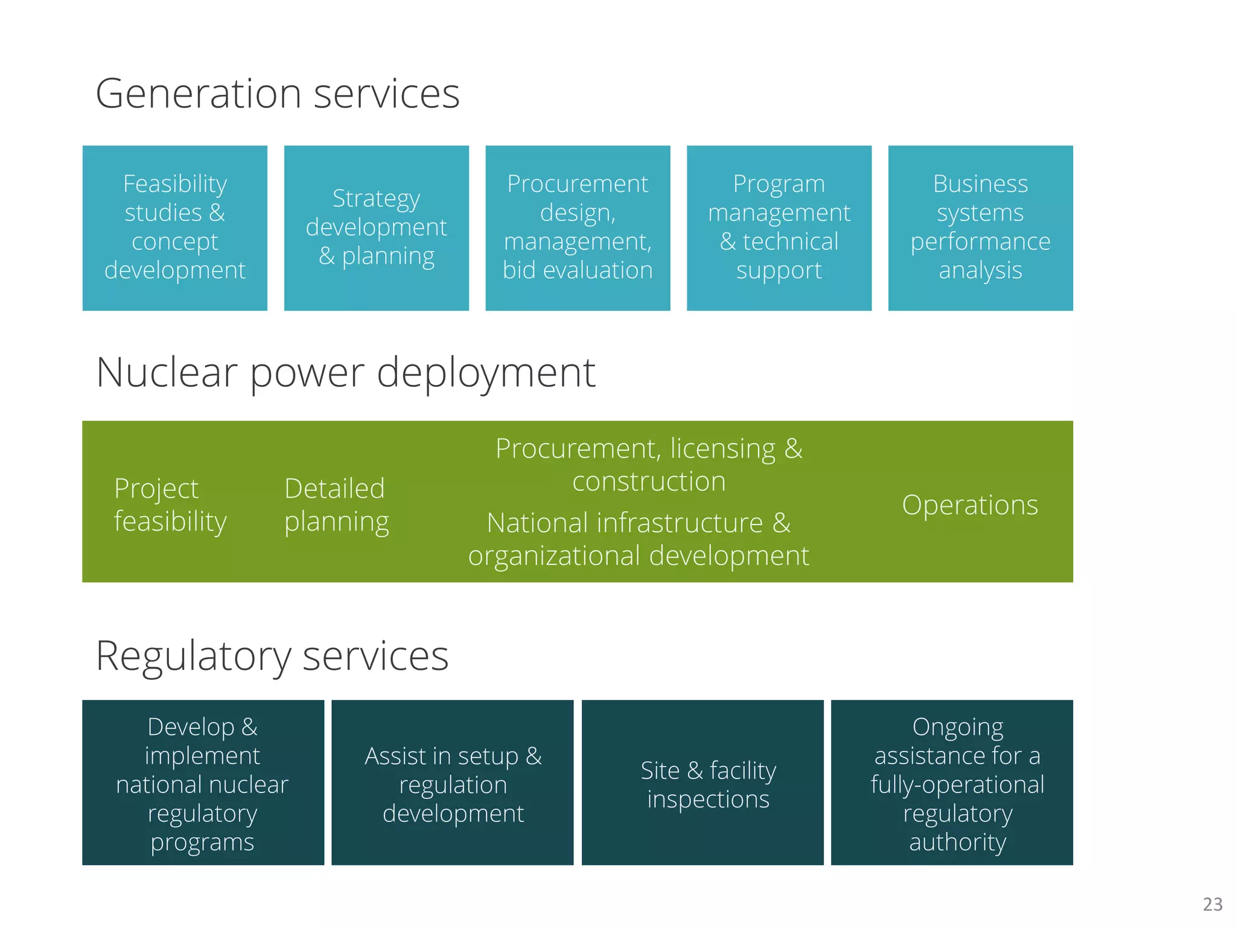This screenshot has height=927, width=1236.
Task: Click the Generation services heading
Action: click(278, 94)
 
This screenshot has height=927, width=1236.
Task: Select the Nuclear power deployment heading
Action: click(345, 372)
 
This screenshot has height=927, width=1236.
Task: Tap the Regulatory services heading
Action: click(272, 655)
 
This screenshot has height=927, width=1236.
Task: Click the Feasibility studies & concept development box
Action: click(175, 228)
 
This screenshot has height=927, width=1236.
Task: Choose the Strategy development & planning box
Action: click(376, 228)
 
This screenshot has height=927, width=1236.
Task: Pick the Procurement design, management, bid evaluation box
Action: click(578, 228)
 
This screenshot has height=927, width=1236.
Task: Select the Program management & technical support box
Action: click(779, 228)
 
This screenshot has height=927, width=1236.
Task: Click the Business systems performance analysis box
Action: click(980, 228)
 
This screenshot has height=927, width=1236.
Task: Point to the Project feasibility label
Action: click(170, 505)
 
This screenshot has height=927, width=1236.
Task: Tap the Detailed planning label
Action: click(336, 505)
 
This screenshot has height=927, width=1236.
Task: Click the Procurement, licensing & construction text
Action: click(649, 465)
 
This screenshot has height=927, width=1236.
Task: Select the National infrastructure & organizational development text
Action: click(639, 539)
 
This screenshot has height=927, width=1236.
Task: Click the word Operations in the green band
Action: click(970, 505)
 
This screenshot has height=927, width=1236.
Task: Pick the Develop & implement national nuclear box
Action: click(203, 783)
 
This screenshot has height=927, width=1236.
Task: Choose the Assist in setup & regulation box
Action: click(453, 783)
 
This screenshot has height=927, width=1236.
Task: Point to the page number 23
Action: click(1212, 904)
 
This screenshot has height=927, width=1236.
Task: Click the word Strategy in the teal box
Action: click(376, 199)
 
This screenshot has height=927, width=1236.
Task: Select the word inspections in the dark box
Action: click(708, 799)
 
